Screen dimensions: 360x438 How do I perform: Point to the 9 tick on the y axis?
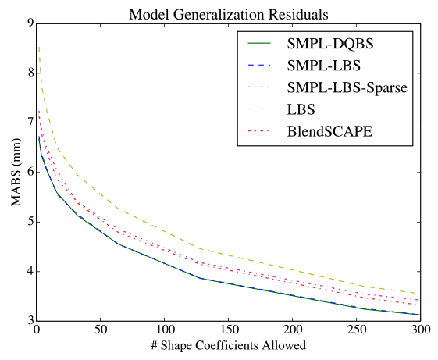click(x=29, y=23)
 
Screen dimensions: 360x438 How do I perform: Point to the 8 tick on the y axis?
click(x=29, y=73)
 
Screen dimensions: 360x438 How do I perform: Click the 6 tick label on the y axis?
click(x=29, y=173)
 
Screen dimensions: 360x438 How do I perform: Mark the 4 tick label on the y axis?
click(x=29, y=272)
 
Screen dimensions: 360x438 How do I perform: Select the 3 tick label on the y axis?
click(x=29, y=321)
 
